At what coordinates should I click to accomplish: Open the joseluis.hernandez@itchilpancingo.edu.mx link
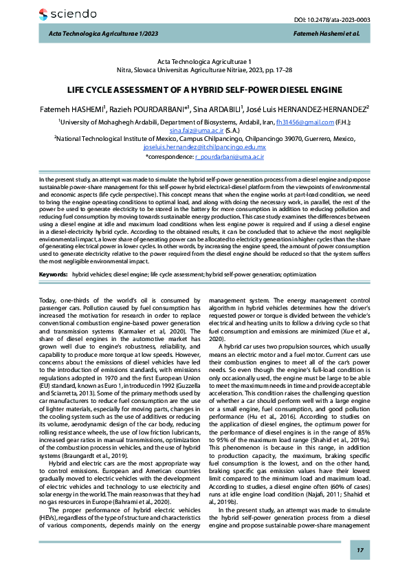tap(204, 147)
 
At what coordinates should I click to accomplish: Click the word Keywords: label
tap(54, 274)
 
